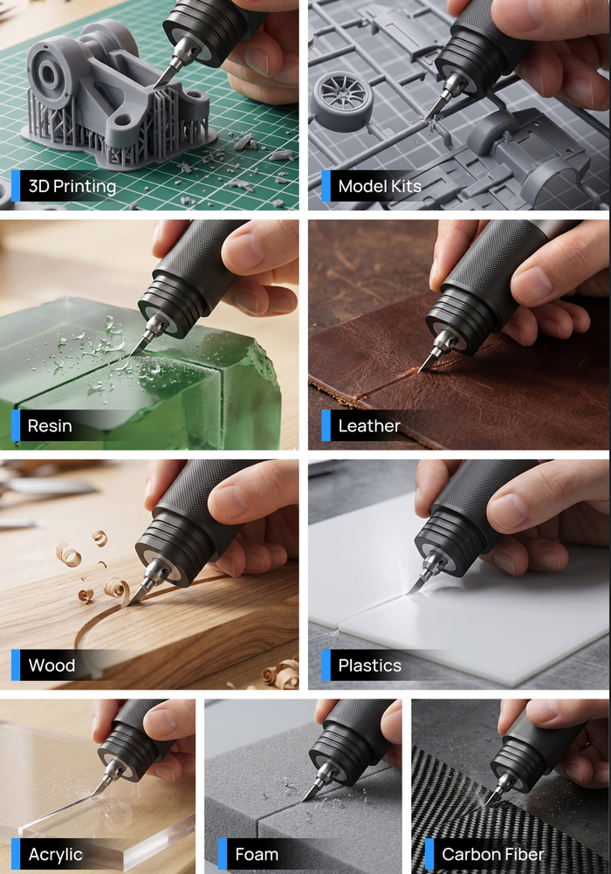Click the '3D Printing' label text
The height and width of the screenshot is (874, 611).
pyautogui.click(x=72, y=186)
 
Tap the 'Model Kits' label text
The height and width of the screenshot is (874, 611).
pyautogui.click(x=380, y=186)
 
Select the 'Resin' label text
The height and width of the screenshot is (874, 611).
pyautogui.click(x=50, y=426)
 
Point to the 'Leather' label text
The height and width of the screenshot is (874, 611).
pyautogui.click(x=369, y=426)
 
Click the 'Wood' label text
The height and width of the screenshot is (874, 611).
pyautogui.click(x=51, y=665)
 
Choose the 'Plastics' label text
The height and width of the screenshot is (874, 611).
pyautogui.click(x=370, y=665)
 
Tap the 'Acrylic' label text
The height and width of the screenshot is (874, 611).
pyautogui.click(x=55, y=855)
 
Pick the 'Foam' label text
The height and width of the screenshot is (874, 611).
pyautogui.click(x=257, y=854)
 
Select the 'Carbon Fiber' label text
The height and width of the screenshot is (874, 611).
pyautogui.click(x=493, y=854)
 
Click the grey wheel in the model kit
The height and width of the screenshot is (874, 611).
pyautogui.click(x=341, y=100)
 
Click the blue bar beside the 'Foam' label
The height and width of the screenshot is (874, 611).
pyautogui.click(x=223, y=854)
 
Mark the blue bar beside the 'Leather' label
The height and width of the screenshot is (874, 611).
pyautogui.click(x=326, y=426)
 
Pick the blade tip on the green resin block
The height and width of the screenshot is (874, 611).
pyautogui.click(x=131, y=355)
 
